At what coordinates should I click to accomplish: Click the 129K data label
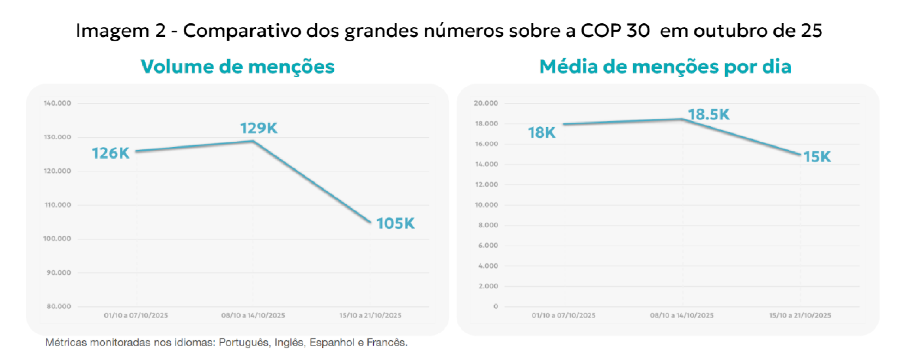click(x=259, y=128)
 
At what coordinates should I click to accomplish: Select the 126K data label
click(x=110, y=153)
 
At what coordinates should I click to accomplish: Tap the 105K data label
click(x=395, y=223)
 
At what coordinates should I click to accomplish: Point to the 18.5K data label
click(x=709, y=115)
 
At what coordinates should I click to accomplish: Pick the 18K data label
click(x=542, y=133)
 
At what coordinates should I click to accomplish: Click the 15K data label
click(x=817, y=157)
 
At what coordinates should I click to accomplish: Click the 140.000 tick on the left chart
click(x=58, y=103)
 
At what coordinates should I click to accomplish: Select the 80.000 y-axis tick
click(x=59, y=306)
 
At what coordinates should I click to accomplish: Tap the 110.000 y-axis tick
click(x=58, y=205)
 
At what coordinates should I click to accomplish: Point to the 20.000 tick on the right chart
click(x=486, y=103)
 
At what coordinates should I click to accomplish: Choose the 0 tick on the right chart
click(x=496, y=306)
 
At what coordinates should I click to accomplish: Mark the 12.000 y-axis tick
click(x=487, y=184)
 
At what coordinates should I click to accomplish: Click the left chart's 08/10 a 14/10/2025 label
click(x=253, y=315)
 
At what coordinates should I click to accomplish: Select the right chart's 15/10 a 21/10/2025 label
click(x=800, y=315)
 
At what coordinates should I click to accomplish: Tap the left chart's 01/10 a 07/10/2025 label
click(x=136, y=315)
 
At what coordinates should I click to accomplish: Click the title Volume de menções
click(x=238, y=67)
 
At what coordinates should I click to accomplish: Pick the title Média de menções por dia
click(x=665, y=67)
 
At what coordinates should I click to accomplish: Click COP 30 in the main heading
click(x=615, y=31)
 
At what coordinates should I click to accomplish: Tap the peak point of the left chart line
click(x=253, y=141)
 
